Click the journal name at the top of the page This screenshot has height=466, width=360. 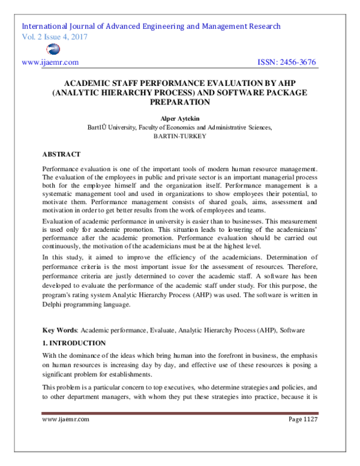tap(151, 26)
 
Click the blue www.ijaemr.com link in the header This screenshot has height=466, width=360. tap(50, 62)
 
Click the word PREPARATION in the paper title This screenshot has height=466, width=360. tap(180, 103)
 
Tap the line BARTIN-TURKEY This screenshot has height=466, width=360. tap(180, 136)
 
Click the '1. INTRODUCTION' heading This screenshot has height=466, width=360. tap(74, 343)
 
